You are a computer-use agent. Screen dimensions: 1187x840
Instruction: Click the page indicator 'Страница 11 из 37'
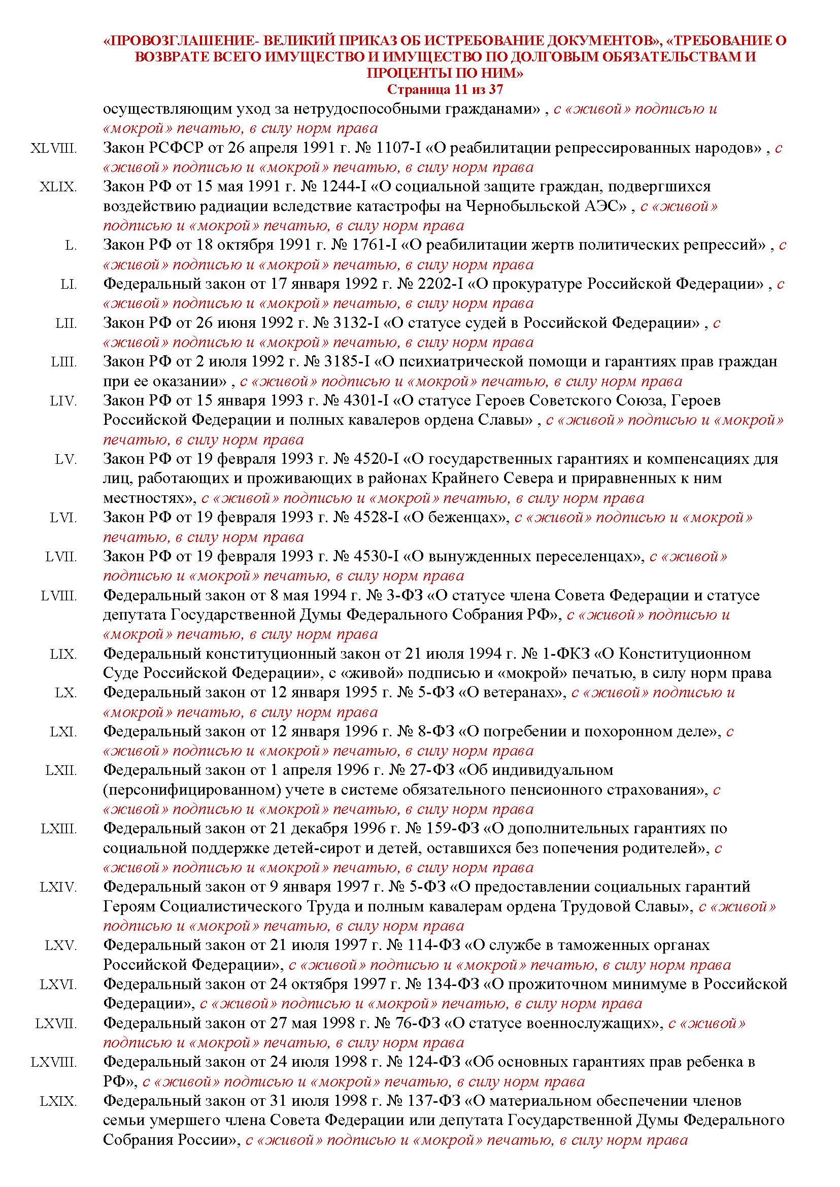445,89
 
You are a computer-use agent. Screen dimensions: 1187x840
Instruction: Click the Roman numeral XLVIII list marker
53,149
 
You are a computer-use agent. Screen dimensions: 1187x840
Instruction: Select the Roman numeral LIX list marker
63,654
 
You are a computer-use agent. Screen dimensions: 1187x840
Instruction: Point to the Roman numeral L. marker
71,246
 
